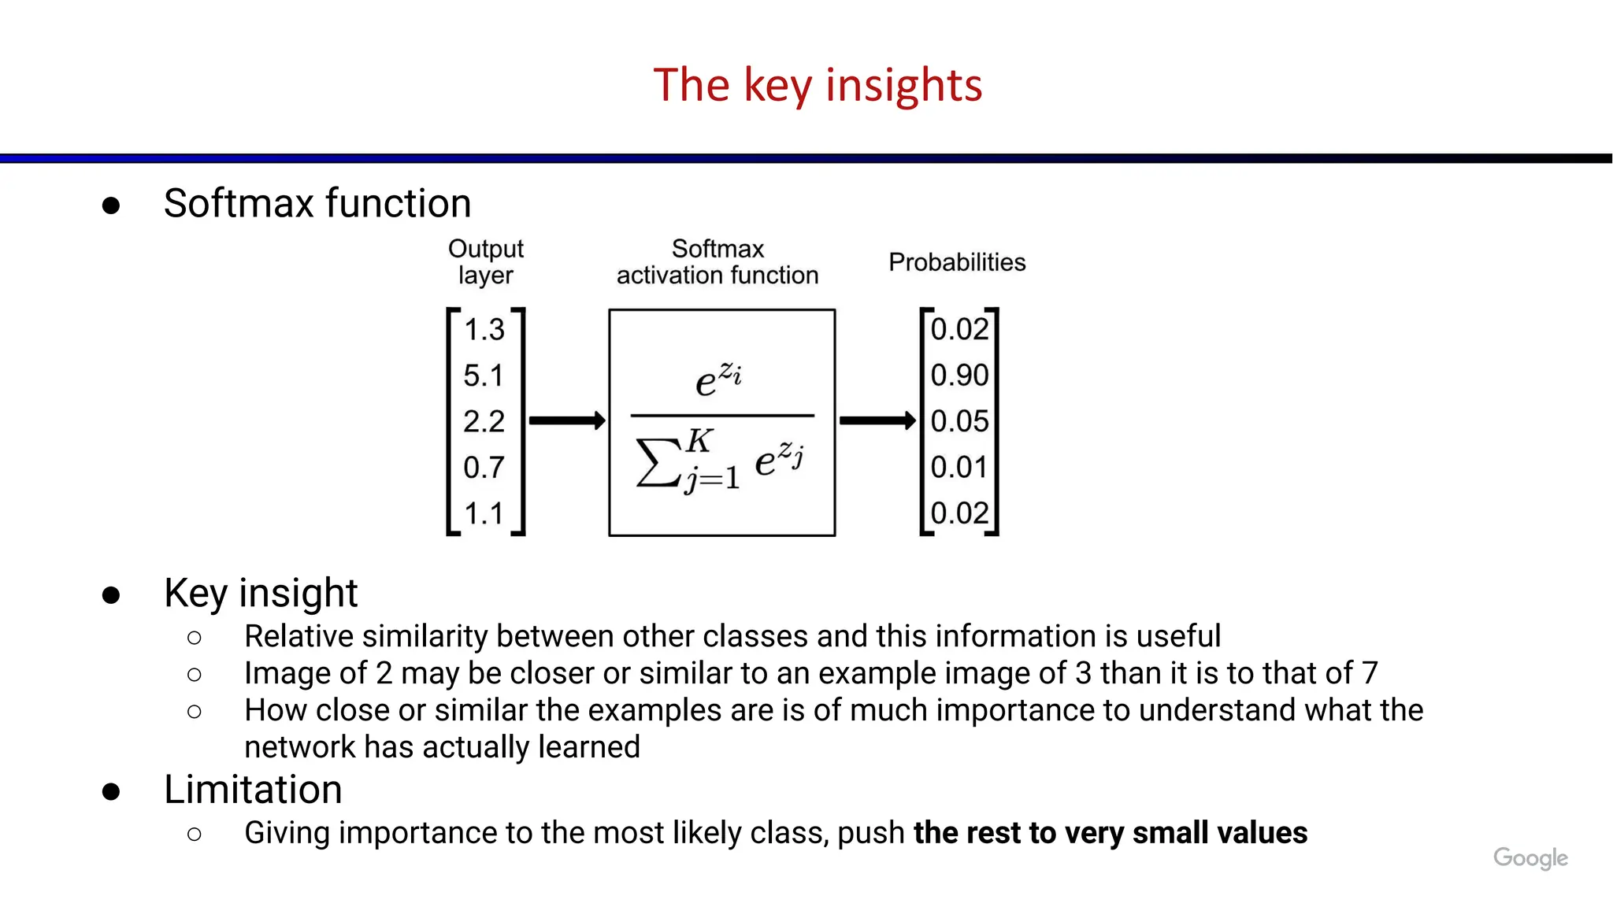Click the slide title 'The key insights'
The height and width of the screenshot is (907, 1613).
(818, 85)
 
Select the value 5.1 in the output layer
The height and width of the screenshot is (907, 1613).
(483, 376)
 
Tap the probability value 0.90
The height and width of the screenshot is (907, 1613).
(959, 376)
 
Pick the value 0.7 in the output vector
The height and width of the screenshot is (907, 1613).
(483, 468)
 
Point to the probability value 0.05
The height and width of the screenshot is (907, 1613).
(959, 421)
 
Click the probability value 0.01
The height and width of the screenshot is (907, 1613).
(959, 468)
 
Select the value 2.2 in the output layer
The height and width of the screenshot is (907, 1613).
(483, 422)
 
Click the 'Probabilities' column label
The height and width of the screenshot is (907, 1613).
(957, 262)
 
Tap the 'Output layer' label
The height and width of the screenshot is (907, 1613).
(485, 261)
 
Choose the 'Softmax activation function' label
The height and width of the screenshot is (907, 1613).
(718, 261)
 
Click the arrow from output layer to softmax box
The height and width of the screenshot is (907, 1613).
(566, 421)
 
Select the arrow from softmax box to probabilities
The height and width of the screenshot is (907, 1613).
(877, 421)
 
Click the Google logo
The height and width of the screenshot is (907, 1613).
(1530, 857)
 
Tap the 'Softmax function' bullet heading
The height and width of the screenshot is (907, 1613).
(317, 203)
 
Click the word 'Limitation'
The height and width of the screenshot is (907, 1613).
(253, 790)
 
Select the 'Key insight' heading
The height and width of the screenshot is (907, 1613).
(261, 593)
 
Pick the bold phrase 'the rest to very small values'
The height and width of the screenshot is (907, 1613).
(1111, 833)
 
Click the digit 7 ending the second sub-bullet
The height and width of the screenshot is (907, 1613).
(1370, 673)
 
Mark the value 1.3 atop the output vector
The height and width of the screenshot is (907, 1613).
(484, 329)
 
